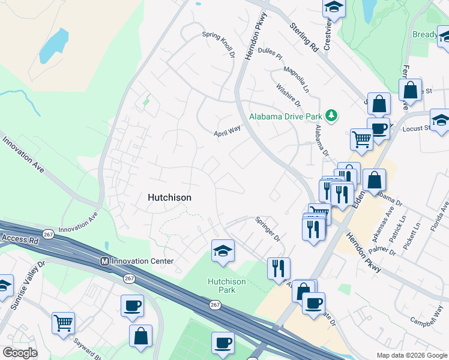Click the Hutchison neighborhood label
169,197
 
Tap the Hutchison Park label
226,286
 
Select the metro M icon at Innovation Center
104,262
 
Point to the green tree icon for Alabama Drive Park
331,115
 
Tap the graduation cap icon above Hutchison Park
223,251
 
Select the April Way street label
228,131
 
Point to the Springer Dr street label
268,229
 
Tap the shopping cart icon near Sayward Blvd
63,323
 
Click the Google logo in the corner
20,353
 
